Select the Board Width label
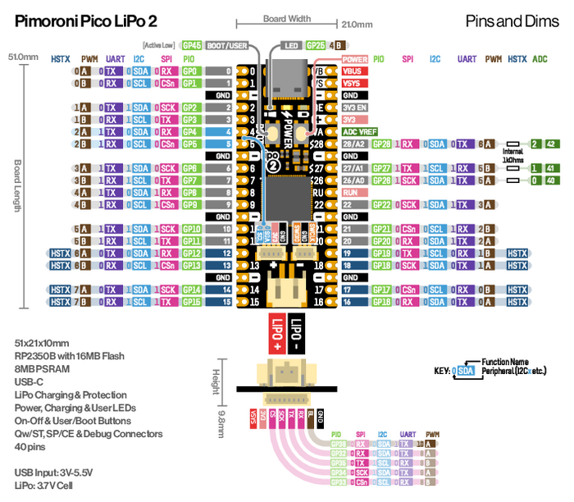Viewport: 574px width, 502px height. [286, 18]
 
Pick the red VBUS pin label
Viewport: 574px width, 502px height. [354, 71]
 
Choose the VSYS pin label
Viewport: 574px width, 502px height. [354, 83]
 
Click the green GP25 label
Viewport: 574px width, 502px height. [316, 46]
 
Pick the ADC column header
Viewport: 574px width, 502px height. [540, 59]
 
